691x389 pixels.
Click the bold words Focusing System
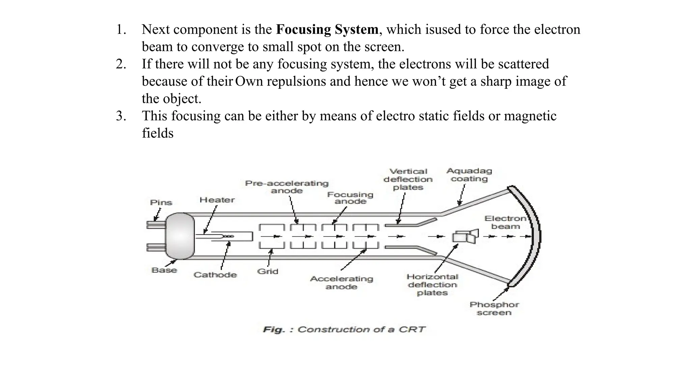pos(327,29)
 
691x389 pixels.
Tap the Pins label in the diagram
pos(161,203)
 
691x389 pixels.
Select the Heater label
pos(217,200)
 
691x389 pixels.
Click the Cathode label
pos(215,275)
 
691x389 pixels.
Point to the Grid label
pos(268,271)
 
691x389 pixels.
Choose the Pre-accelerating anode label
pos(287,187)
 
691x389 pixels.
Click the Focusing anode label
pos(350,198)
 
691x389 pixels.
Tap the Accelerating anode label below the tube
pos(341,283)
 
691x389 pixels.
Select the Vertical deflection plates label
pos(408,179)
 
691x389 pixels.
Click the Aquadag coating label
pos(469,175)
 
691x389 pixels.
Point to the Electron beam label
pos(505,223)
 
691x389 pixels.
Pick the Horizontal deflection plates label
pos(432,285)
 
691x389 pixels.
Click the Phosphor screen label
pos(494,309)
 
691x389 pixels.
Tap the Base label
pos(164,270)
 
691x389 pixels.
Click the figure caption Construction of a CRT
pos(344,329)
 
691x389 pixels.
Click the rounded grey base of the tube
pos(180,236)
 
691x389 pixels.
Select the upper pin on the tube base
pos(156,224)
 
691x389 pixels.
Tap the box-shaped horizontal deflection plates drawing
pos(465,237)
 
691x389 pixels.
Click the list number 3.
pos(121,116)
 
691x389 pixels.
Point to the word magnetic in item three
pos(530,116)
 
